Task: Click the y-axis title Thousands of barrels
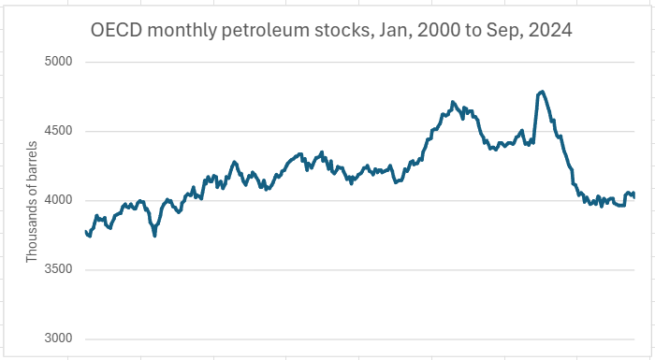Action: tap(32, 200)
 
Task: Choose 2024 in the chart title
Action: tap(549, 31)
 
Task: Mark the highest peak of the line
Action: tap(542, 92)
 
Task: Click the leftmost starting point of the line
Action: tap(85, 231)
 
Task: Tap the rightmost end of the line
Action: tap(634, 196)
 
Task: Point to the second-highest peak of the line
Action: tap(453, 102)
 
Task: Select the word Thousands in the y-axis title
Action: tap(32, 224)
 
